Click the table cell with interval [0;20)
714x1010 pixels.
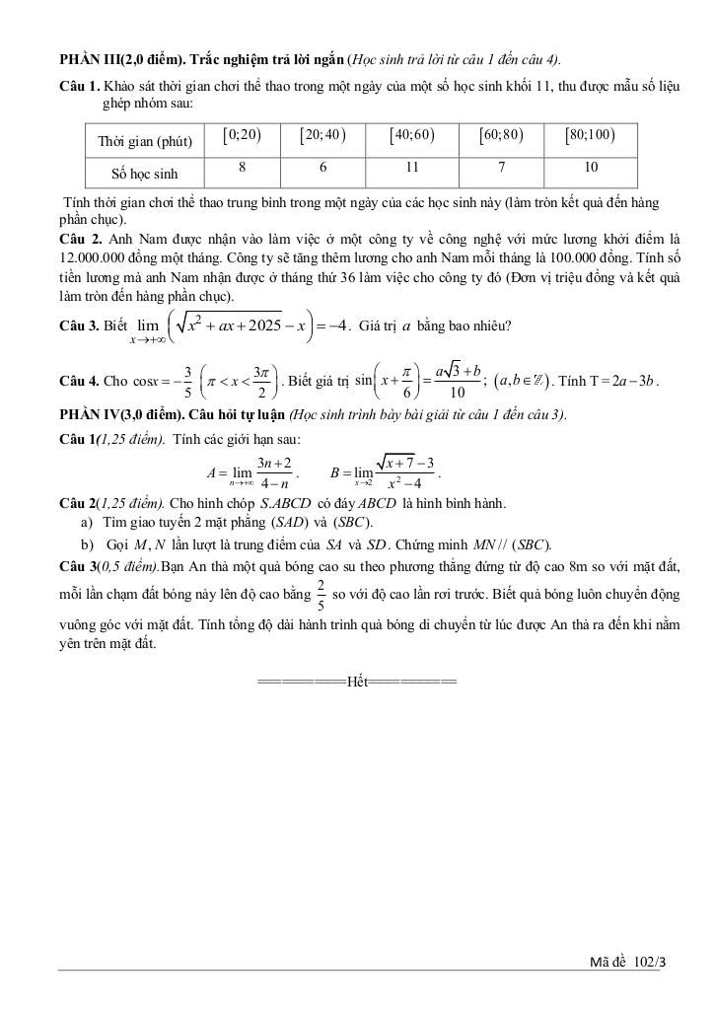[242, 137]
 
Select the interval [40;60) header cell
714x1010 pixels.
[412, 137]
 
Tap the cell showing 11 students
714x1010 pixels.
[412, 169]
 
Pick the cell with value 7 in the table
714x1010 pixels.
[501, 169]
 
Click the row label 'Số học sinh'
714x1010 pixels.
[144, 174]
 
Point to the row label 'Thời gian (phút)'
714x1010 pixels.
[144, 142]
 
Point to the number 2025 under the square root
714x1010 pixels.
[262, 324]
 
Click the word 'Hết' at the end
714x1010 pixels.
[356, 682]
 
